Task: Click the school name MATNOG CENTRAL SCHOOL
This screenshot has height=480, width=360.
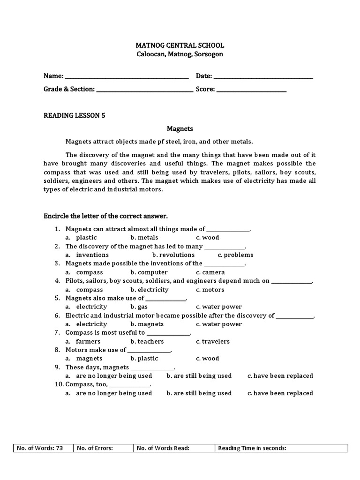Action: click(180, 45)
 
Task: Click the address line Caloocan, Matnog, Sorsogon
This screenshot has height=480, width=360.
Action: click(180, 54)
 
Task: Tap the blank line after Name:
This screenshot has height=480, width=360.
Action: click(127, 76)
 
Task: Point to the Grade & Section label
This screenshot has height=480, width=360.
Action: click(69, 89)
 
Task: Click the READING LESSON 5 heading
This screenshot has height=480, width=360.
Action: click(74, 115)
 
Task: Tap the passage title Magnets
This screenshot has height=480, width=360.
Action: click(180, 128)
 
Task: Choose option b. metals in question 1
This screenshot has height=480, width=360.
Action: click(144, 238)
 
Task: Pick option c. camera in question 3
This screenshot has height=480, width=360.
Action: click(210, 272)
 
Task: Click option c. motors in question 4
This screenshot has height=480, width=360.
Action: click(210, 290)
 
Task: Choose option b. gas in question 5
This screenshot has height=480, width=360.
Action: click(139, 307)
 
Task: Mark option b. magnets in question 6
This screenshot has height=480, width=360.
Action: click(147, 324)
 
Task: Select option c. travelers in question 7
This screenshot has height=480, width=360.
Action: click(213, 341)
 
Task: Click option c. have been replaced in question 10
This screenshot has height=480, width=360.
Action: click(280, 393)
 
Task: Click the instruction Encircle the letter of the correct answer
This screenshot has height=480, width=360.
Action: click(105, 216)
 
